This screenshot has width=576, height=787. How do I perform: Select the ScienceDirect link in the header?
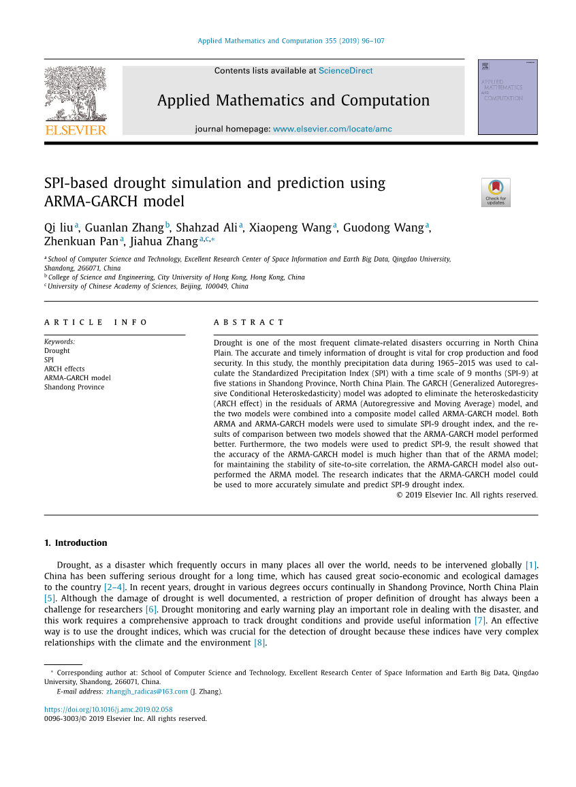pos(345,70)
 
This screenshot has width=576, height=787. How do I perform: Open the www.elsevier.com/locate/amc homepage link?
pos(332,129)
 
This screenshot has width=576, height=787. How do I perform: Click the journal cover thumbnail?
pos(507,97)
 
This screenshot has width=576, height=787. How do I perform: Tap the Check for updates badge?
pos(496,192)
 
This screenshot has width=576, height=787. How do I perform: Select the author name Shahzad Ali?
pos(206,228)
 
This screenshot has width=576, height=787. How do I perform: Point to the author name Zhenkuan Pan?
pos(81,241)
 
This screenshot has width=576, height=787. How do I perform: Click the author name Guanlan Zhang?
pos(125,228)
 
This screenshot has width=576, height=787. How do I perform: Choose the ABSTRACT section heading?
pos(249,322)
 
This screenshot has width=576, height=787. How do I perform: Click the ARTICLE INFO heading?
pos(96,322)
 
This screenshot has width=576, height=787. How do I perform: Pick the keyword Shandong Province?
pos(74,387)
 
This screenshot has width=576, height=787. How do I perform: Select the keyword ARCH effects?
pos(65,369)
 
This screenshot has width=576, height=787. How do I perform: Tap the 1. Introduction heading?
pos(76,543)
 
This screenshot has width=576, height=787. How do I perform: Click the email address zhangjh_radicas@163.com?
pos(146,692)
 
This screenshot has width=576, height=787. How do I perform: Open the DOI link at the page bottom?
pos(108,709)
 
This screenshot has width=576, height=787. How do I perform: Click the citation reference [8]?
pos(259,643)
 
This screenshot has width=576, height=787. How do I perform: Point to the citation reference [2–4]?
pos(114,587)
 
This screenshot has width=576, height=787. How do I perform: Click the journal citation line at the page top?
pos(291,41)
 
